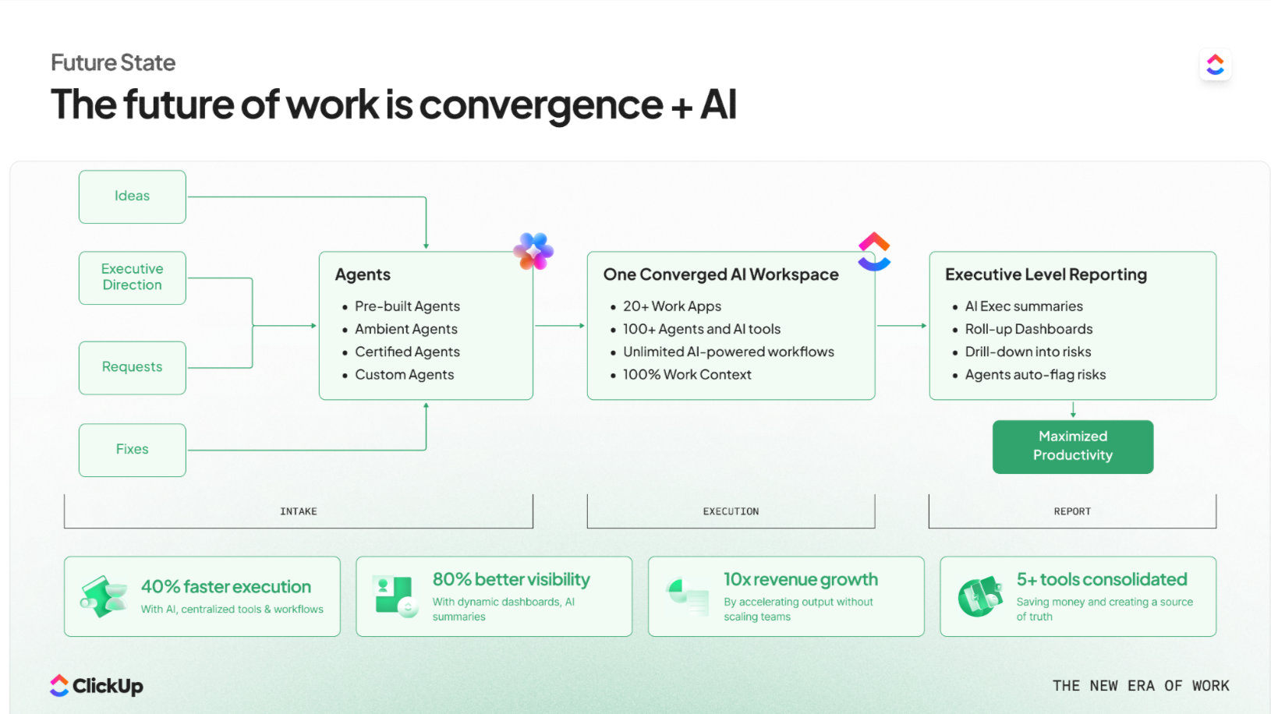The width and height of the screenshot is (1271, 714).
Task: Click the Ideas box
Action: (x=132, y=196)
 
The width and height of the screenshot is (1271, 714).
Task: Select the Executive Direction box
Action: (x=132, y=277)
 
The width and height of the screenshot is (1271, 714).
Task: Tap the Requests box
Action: (x=132, y=367)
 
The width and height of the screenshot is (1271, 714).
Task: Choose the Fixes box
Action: (x=132, y=450)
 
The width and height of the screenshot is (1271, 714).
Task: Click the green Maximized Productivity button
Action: (x=1072, y=447)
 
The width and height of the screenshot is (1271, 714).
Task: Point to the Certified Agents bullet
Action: (x=407, y=352)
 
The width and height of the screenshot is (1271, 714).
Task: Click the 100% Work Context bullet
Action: (x=686, y=375)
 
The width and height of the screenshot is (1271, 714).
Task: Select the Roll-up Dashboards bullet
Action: (x=1028, y=330)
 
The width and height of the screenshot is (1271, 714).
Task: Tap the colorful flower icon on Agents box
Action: (x=533, y=251)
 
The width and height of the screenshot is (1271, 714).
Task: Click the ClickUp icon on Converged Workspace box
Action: (x=874, y=251)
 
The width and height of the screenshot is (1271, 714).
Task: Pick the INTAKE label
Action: (x=298, y=511)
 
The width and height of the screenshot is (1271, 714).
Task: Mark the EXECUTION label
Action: (x=731, y=511)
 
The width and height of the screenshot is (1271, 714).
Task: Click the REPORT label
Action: (x=1072, y=511)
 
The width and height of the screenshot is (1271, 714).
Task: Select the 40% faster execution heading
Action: (x=226, y=587)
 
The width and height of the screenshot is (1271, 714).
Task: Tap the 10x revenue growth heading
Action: (x=801, y=580)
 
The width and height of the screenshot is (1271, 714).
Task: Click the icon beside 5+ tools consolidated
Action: (x=980, y=597)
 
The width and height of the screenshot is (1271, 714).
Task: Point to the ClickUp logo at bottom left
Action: (x=97, y=686)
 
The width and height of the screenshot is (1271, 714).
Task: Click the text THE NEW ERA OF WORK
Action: (x=1140, y=686)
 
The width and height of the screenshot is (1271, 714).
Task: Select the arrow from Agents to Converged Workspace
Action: (x=560, y=326)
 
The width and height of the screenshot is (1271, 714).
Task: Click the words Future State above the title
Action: (x=113, y=62)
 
